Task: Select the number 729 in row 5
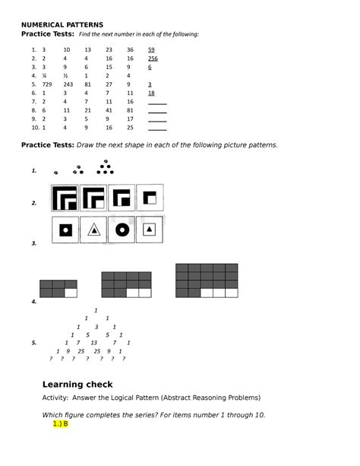[x=47, y=84]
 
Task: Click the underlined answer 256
[x=153, y=59]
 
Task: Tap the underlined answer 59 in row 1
[x=151, y=49]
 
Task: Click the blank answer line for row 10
[x=157, y=128]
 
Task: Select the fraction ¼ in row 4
[x=44, y=76]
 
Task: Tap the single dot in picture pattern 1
[x=55, y=173]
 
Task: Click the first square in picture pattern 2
[x=65, y=198]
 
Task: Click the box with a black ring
[x=66, y=230]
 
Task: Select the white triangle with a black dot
[x=93, y=230]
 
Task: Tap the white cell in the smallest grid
[x=71, y=292]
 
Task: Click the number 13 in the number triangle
[x=94, y=343]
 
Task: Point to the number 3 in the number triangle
[x=96, y=327]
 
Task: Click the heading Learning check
[x=77, y=384]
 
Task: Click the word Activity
[x=58, y=398]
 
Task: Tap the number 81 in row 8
[x=129, y=110]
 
